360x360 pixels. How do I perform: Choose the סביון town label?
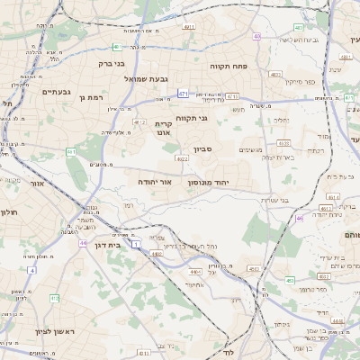pos(202,150)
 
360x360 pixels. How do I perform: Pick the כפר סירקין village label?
pos(300,82)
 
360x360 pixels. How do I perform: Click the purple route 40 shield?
pos(257,37)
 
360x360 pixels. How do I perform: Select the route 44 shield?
pos(83,243)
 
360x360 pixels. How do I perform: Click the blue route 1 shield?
pos(136,244)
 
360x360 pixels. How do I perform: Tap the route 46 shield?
pos(299,218)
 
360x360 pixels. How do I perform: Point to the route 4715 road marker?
pos(232,96)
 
